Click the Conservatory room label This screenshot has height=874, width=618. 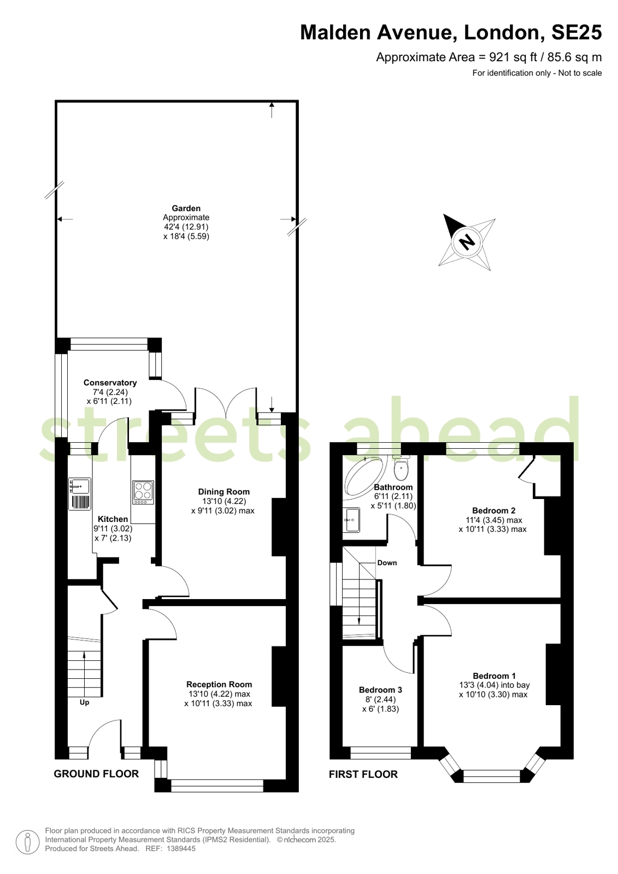pyautogui.click(x=110, y=383)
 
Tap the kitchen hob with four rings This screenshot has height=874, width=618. pyautogui.click(x=143, y=492)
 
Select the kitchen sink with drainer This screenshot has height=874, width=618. pyautogui.click(x=80, y=494)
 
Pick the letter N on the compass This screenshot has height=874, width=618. pyautogui.click(x=466, y=242)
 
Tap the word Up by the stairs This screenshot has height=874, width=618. pyautogui.click(x=84, y=702)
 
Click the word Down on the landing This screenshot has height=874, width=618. pyautogui.click(x=387, y=562)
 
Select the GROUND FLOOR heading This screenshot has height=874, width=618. pyautogui.click(x=96, y=774)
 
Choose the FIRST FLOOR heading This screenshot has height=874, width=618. pyautogui.click(x=363, y=775)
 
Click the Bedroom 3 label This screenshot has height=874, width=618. pyautogui.click(x=380, y=690)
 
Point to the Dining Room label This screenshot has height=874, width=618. pyautogui.click(x=224, y=491)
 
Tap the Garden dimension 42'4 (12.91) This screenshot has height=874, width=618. pyautogui.click(x=186, y=227)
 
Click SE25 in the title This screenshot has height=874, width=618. pyautogui.click(x=576, y=33)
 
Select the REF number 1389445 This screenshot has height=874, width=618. pyautogui.click(x=181, y=849)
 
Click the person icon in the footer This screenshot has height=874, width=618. pyautogui.click(x=27, y=842)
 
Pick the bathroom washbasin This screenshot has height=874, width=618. pyautogui.click(x=352, y=520)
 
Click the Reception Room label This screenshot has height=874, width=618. pyautogui.click(x=219, y=684)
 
